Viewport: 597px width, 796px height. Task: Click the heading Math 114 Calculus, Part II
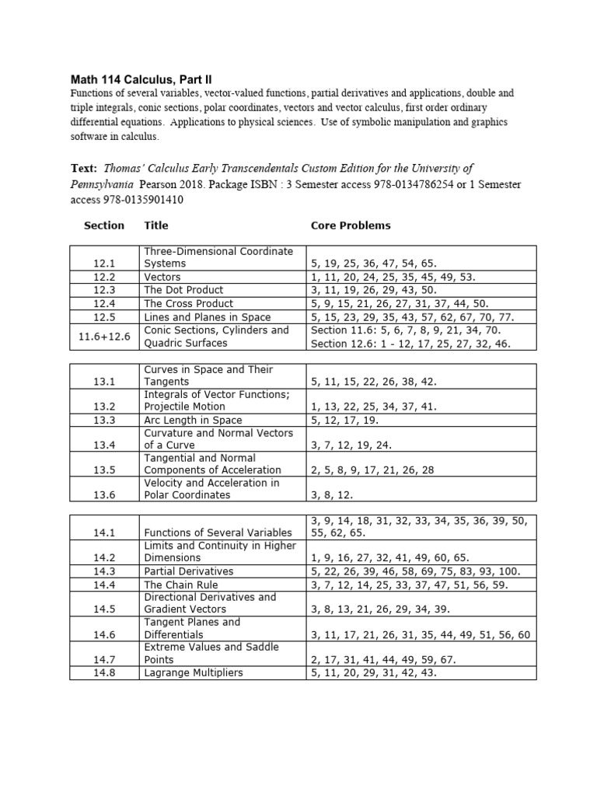point(141,79)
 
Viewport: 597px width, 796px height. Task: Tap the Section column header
point(103,225)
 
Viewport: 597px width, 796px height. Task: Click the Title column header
point(156,225)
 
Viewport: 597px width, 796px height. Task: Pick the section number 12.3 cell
point(104,290)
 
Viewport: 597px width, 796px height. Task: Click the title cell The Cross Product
point(189,303)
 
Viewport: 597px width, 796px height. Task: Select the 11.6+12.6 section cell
point(104,336)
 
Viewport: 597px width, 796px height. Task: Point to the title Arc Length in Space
point(195,420)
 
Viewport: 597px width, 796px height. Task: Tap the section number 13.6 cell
point(104,494)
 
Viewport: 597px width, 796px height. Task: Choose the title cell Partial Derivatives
point(189,571)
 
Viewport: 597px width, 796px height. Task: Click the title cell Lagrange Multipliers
point(194,672)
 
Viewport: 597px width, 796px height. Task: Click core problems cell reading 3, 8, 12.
point(336,494)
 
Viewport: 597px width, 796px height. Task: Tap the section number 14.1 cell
point(104,532)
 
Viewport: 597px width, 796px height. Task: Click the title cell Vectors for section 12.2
point(162,277)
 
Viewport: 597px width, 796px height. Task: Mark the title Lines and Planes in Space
point(208,316)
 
